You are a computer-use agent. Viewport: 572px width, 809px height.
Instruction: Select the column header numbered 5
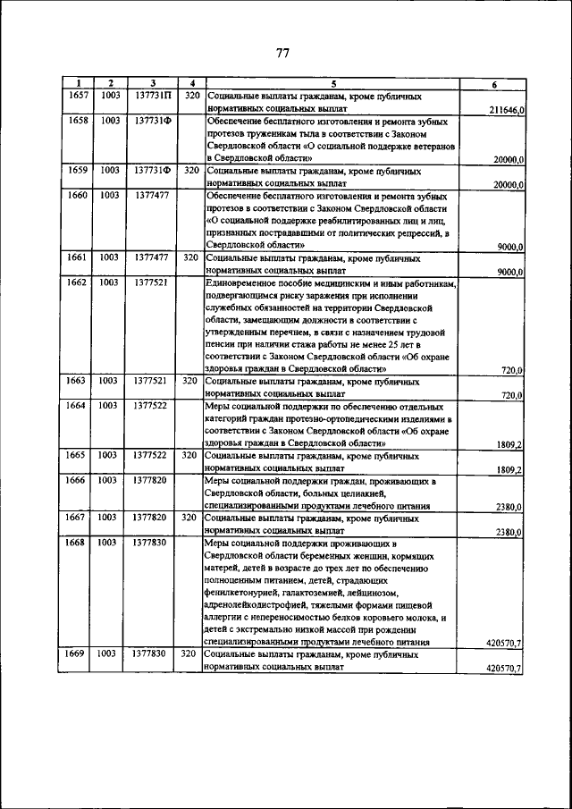pos(332,84)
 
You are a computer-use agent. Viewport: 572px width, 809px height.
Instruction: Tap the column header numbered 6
pos(494,84)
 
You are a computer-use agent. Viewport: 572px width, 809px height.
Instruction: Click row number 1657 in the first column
pos(79,95)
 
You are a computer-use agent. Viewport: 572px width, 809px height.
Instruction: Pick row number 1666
pos(79,480)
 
